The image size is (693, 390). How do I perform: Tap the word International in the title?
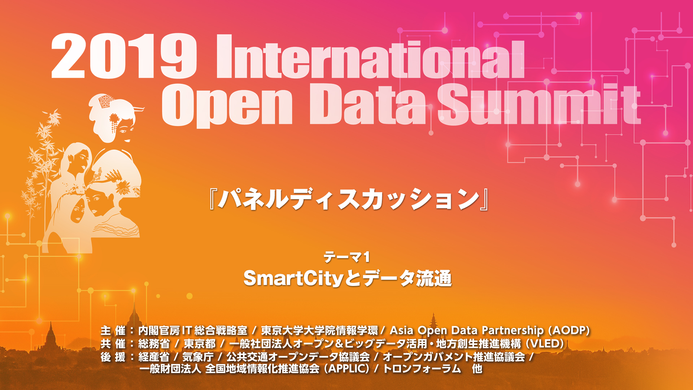370,56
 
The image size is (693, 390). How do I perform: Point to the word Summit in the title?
539,104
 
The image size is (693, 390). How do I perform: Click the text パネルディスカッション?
349,199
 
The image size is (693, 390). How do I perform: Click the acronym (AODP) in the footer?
569,330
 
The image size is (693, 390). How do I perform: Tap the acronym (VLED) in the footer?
545,343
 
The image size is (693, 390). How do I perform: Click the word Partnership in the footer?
513,330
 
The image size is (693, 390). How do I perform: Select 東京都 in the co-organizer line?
200,344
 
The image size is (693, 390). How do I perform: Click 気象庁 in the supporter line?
198,357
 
